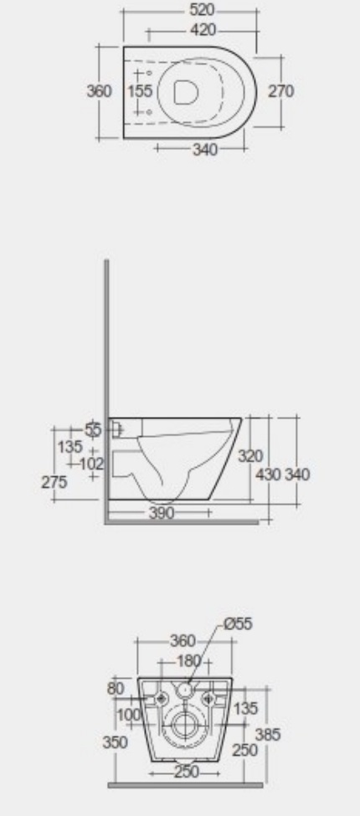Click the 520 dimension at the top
201,11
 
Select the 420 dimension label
201,30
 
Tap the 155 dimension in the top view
142,91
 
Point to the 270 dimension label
280,91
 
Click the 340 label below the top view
204,150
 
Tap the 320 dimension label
249,456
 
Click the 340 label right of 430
297,475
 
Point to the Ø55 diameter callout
237,623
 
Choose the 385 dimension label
268,735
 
